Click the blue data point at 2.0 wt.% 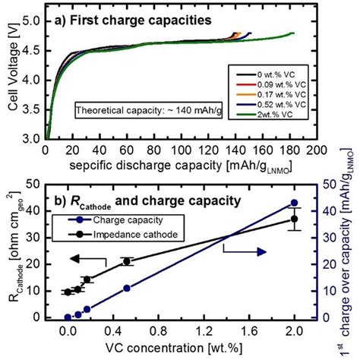coord(295,203)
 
